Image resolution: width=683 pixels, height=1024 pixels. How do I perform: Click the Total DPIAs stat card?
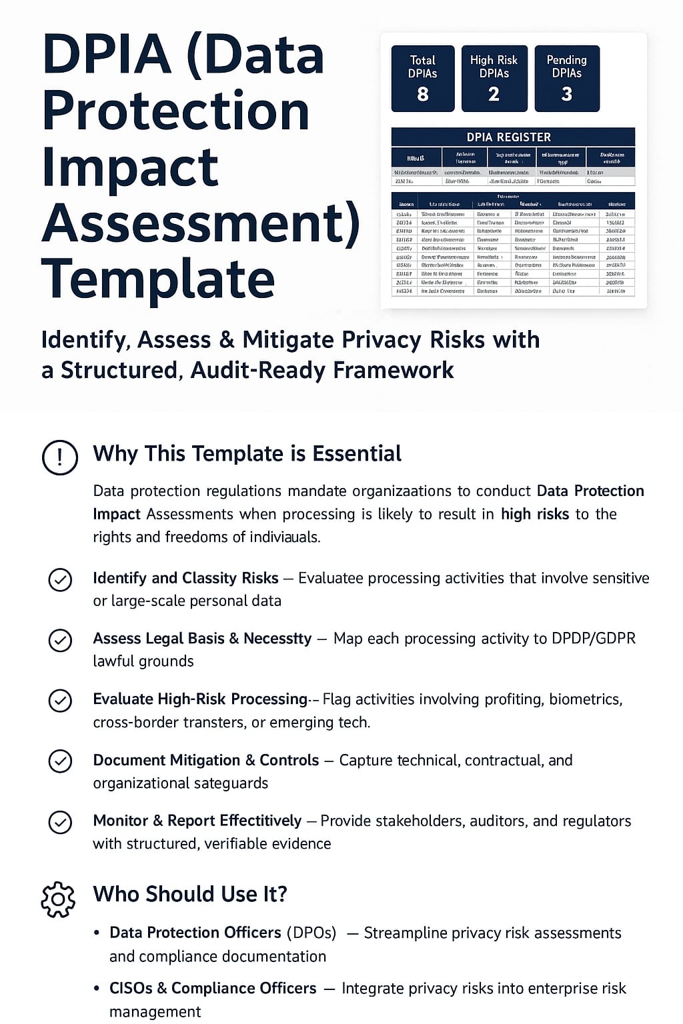coord(422,78)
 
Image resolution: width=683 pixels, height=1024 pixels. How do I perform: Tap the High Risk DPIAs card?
coord(494,78)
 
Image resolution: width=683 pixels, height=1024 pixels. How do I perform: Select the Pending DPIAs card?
coord(566,78)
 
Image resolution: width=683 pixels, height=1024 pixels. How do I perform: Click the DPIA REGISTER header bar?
coord(512,137)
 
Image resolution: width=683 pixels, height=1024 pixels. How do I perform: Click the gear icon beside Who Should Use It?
coord(59,899)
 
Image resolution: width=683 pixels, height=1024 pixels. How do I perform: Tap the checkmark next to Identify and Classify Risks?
coord(61,579)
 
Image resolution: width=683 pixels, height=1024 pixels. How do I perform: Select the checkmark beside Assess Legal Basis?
coord(61,640)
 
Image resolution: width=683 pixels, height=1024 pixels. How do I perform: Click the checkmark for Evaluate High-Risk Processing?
coord(61,701)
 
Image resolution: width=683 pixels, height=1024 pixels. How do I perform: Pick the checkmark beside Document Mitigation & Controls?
coord(61,761)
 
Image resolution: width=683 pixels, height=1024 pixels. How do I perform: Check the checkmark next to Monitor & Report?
coord(61,822)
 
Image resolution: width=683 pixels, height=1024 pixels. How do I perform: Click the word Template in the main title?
coord(158,279)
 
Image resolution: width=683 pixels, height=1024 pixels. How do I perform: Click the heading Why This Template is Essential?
coord(247,453)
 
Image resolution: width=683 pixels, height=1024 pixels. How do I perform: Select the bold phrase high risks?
coord(535,514)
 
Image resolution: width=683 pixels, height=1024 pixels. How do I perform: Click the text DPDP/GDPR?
coord(594,638)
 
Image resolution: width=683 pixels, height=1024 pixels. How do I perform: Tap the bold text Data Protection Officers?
coord(195,932)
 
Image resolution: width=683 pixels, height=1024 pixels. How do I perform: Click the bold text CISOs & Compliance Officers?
coord(213,988)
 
